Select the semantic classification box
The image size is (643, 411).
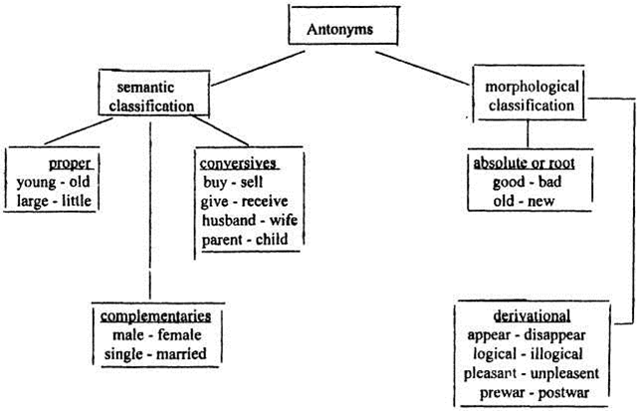point(158,93)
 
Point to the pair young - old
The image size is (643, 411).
point(56,181)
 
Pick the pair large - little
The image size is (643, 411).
point(56,201)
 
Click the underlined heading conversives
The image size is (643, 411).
point(237,162)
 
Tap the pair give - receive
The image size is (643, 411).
point(244,200)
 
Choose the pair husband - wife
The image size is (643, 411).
point(244,219)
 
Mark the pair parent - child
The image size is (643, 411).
point(242,238)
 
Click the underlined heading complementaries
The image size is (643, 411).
point(156,316)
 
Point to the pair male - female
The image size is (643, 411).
point(156,335)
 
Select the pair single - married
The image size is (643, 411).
point(156,355)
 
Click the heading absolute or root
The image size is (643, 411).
point(529,162)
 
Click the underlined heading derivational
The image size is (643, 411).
point(529,314)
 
